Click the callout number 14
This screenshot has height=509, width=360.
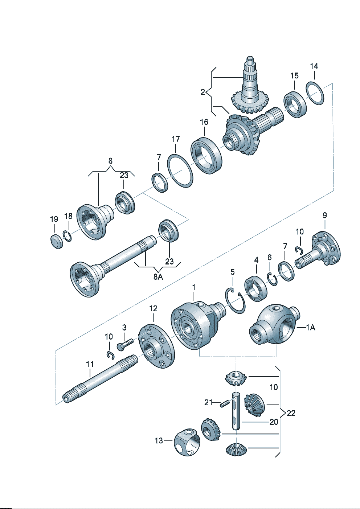click(314, 66)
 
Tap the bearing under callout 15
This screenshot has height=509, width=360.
click(295, 104)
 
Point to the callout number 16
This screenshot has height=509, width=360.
click(204, 122)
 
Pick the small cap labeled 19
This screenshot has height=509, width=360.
click(56, 242)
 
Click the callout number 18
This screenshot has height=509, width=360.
click(68, 216)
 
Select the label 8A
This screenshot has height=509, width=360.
click(158, 277)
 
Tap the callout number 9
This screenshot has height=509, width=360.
click(324, 215)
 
